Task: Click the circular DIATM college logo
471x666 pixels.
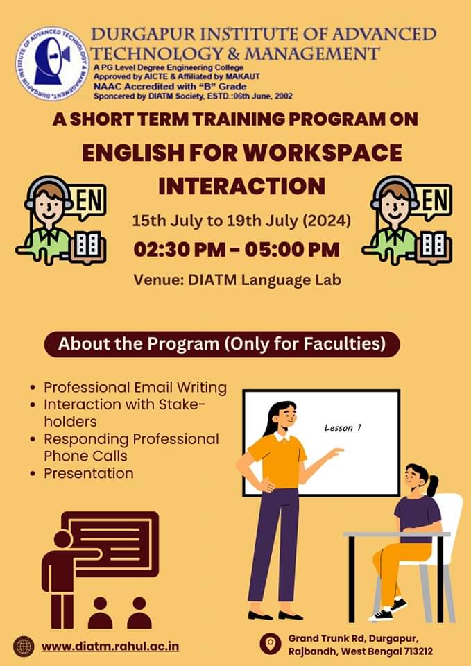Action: coord(52,64)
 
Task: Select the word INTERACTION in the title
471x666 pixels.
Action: coord(241,186)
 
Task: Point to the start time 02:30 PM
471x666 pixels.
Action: coord(180,250)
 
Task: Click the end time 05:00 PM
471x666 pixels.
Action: coord(293,250)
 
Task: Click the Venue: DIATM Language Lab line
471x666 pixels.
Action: coord(237,280)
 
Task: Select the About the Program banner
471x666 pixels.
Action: coord(222,344)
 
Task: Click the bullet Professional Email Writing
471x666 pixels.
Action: coord(135,388)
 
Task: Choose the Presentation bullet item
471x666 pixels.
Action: coord(89,473)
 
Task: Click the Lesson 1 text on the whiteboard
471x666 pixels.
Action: coord(343,428)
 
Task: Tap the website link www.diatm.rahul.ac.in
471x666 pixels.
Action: coord(110,647)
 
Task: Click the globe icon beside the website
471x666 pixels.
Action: coord(24,647)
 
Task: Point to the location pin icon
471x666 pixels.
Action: coord(271,644)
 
